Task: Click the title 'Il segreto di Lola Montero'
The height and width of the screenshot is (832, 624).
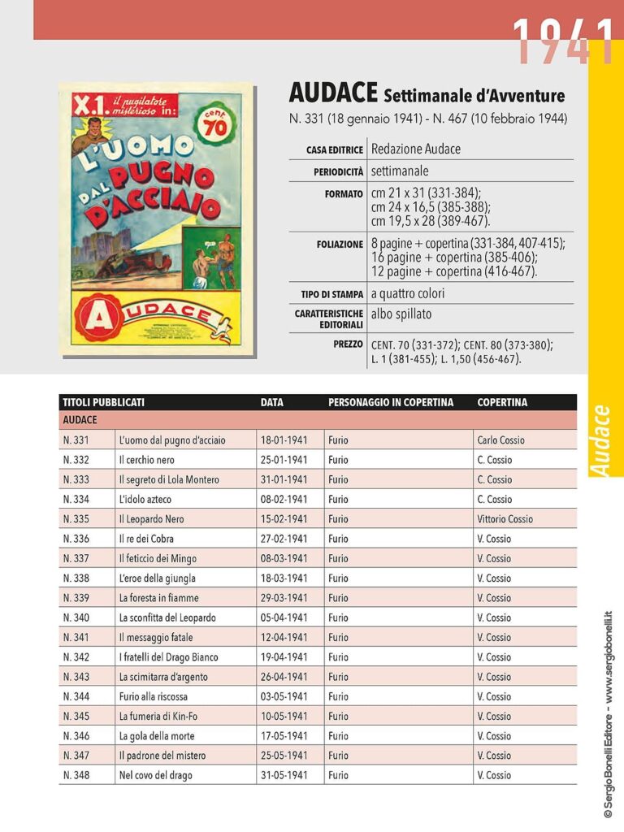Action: click(x=169, y=479)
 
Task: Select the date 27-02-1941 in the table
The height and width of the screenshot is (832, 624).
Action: click(x=284, y=539)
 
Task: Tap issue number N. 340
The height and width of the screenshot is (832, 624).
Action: click(x=76, y=617)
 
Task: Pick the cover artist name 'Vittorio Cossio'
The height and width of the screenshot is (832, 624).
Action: click(x=505, y=518)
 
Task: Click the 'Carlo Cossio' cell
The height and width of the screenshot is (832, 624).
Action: click(x=500, y=440)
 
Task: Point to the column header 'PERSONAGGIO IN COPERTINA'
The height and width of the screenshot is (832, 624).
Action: click(x=391, y=402)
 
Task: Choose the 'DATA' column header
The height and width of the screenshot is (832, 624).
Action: click(x=272, y=402)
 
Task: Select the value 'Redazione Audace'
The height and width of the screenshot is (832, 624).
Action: click(x=415, y=149)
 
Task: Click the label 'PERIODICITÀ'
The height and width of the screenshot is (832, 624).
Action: click(x=338, y=172)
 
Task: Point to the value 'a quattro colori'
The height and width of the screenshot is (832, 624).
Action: click(x=408, y=293)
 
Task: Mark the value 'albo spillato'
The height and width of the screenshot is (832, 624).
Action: click(x=401, y=314)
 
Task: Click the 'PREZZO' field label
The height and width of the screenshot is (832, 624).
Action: click(x=348, y=344)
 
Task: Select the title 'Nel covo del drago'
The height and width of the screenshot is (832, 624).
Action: click(x=156, y=775)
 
